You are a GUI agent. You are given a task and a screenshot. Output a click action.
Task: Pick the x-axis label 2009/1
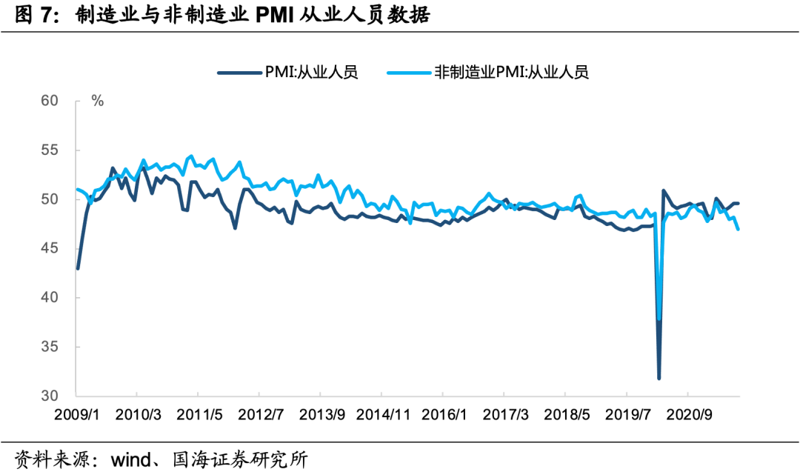pos(76,414)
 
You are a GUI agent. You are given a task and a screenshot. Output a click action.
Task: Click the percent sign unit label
pos(97,101)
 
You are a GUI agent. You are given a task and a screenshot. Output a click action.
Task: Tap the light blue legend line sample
pos(410,72)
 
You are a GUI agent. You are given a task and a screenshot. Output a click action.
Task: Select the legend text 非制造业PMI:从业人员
pos(511,72)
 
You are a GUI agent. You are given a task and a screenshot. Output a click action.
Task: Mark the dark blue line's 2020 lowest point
pos(659,379)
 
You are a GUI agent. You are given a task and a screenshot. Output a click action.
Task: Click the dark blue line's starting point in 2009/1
pos(77,268)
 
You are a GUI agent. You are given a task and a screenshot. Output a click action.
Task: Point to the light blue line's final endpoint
pos(739,230)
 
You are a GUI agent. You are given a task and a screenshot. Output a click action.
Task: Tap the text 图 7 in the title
pos(35,16)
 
